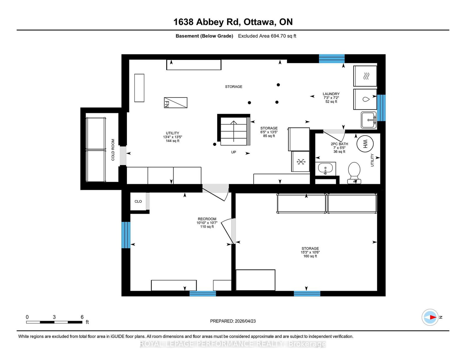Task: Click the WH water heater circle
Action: click(365, 143)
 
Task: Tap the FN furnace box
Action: click(176, 103)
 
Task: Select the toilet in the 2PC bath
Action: click(354, 173)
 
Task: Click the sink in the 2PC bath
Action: click(325, 169)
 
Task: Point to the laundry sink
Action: click(369, 120)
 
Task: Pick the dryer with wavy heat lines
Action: click(365, 76)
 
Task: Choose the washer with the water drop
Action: click(365, 99)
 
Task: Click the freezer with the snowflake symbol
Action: click(301, 161)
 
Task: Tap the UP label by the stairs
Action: click(234, 152)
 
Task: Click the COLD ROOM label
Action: click(113, 150)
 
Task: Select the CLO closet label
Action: click(138, 201)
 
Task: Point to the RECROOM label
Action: click(207, 219)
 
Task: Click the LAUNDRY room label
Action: click(331, 94)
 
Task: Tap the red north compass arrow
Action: click(433, 317)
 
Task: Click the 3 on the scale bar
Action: click(54, 317)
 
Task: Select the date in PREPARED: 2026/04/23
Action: click(245, 321)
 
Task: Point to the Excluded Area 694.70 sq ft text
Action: click(267, 36)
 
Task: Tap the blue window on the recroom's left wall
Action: click(126, 235)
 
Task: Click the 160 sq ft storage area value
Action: click(310, 256)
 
